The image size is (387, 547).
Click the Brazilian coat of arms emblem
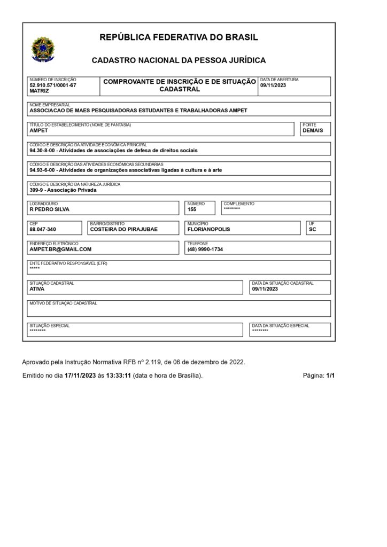coord(40,49)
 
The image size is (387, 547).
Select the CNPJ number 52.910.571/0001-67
coord(53,85)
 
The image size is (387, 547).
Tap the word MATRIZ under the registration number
coord(40,91)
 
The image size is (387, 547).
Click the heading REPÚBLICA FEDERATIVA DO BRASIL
coord(179,37)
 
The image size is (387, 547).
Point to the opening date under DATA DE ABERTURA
coord(274,85)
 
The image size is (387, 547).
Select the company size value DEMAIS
coord(313,130)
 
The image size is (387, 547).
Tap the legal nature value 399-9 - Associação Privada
coord(64,190)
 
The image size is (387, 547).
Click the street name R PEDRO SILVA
coord(50,209)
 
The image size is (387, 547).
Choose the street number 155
coord(192,209)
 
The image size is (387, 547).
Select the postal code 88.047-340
coord(43,229)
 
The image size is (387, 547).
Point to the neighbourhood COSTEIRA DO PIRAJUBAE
coord(125,229)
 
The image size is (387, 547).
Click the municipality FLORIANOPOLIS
coord(209,229)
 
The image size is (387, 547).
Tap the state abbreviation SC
coord(312,229)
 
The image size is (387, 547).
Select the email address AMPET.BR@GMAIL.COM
coord(61,249)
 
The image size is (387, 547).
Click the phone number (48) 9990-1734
coord(205,249)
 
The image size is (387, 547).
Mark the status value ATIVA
coord(37,288)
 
